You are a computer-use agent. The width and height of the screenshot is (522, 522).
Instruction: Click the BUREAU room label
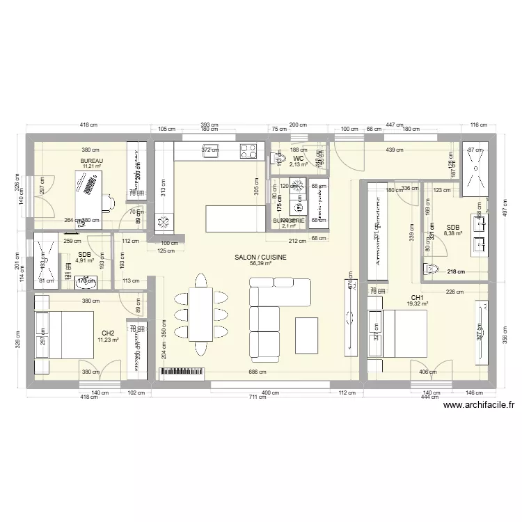point(92,161)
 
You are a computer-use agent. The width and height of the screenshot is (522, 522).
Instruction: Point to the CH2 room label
point(108,333)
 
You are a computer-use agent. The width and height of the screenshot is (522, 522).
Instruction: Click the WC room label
point(298,159)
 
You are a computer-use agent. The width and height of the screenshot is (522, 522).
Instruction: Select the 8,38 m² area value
point(454,234)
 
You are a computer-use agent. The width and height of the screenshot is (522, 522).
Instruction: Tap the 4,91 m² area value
point(84,261)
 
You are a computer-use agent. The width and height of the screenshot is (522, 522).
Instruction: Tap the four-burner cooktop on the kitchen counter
point(248,149)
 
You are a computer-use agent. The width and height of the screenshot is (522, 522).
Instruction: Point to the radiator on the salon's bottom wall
point(184,373)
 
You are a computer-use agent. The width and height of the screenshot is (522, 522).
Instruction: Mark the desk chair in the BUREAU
point(108,203)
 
